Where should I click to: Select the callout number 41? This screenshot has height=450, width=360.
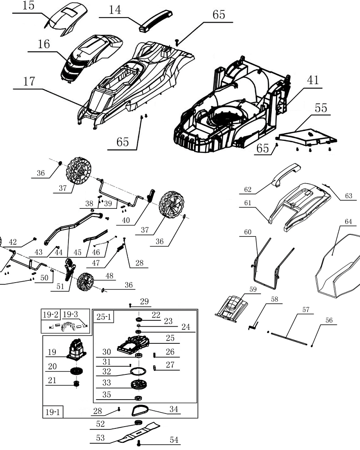pos(313,80)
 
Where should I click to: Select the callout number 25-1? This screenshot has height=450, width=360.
pos(103,316)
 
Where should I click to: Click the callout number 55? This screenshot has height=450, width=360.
pos(321,108)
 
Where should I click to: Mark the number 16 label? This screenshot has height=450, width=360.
pos(44,45)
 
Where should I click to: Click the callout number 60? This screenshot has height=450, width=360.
pos(248,233)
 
